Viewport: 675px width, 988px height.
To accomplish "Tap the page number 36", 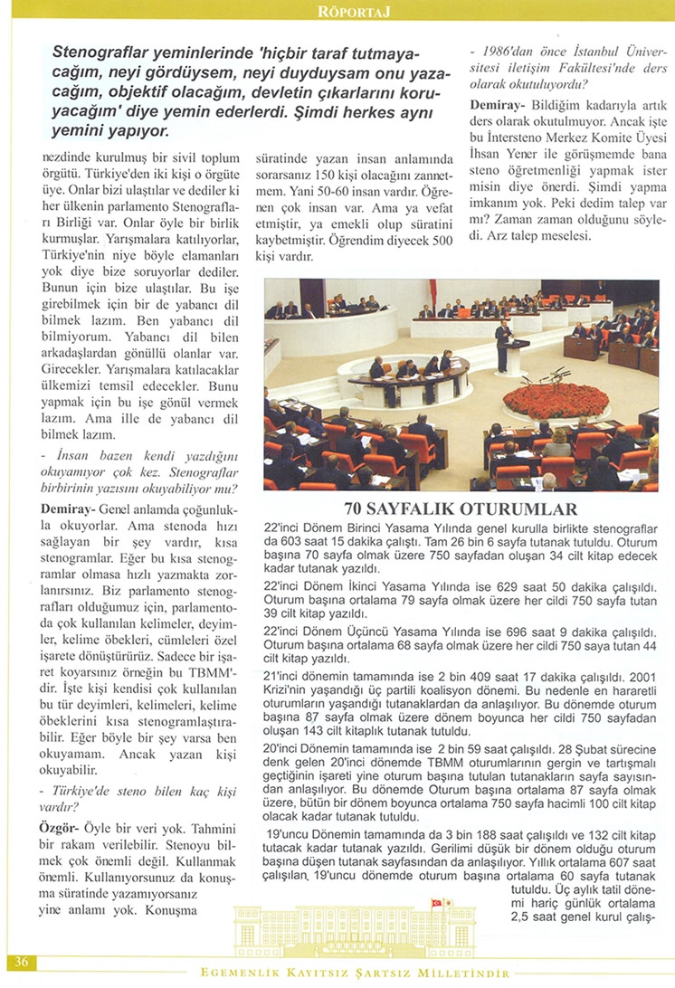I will pos(22,962).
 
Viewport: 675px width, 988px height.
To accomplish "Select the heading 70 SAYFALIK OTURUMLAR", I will pos(461,508).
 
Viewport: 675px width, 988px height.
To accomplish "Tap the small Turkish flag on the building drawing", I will pos(436,904).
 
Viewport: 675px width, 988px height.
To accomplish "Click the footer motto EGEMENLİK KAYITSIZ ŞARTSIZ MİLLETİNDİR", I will pos(354,974).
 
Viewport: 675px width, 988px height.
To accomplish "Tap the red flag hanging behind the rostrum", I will pos(433,292).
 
